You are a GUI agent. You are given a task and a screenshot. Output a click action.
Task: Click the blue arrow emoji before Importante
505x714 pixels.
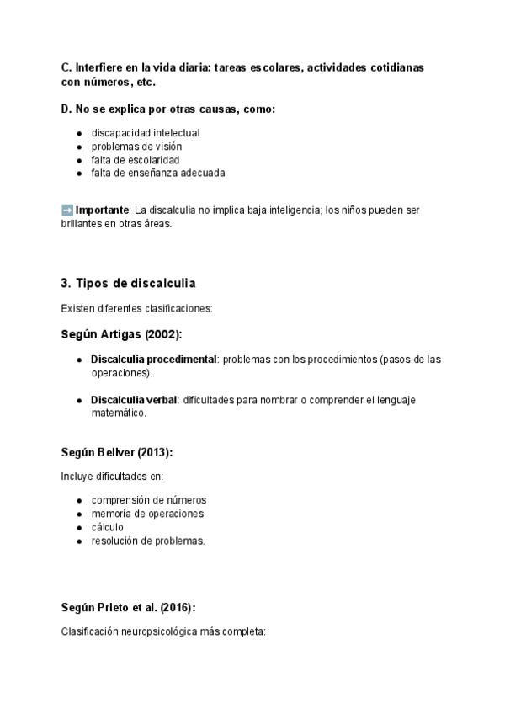[x=67, y=210]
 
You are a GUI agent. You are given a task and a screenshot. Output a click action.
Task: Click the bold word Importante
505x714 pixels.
[x=102, y=210]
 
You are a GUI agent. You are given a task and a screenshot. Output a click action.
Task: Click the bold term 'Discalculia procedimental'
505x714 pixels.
[x=153, y=360]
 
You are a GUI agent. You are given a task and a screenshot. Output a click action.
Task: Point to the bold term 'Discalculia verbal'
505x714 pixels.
[x=134, y=400]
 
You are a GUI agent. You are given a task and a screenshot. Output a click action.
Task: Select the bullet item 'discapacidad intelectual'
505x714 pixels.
[x=145, y=133]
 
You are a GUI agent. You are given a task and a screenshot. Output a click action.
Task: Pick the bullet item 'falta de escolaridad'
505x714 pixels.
[x=135, y=160]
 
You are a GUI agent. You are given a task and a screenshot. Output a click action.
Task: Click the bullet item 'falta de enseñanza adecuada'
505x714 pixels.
[x=157, y=173]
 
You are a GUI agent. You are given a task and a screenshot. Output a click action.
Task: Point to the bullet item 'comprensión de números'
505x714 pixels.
[x=148, y=500]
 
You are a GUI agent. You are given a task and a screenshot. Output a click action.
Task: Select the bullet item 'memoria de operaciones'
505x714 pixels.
[x=147, y=514]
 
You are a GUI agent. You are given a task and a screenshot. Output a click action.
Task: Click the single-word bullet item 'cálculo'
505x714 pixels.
[x=107, y=527]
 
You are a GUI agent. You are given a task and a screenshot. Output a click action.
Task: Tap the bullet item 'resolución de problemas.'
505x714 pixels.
[x=148, y=541]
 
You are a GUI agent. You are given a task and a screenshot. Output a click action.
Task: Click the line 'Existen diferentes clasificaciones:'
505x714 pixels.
[x=136, y=308]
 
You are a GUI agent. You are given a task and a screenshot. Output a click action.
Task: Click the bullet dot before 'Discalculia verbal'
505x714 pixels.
[x=79, y=401]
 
